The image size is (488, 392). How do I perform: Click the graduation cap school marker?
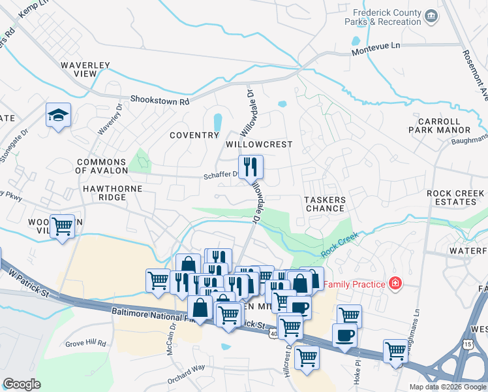click(x=58, y=116)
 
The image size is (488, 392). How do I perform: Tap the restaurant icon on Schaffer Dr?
click(x=250, y=167)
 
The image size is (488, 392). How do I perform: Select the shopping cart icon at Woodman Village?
click(x=62, y=227)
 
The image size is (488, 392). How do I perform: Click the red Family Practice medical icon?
click(x=395, y=284)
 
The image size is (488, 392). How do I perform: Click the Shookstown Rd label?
click(x=159, y=101)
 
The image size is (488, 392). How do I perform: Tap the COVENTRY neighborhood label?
click(x=194, y=135)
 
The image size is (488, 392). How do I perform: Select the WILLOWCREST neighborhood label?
click(x=258, y=144)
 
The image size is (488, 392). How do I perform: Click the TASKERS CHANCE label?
click(x=324, y=203)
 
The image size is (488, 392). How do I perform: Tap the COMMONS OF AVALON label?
click(x=101, y=166)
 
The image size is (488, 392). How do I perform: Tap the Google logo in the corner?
click(x=22, y=384)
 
